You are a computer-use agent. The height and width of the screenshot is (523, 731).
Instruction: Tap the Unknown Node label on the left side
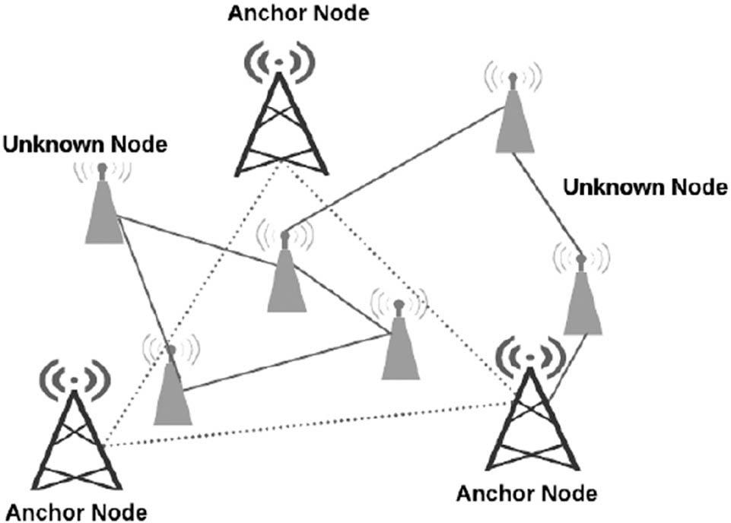[x=84, y=144]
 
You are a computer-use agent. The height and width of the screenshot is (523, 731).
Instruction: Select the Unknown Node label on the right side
[x=645, y=187]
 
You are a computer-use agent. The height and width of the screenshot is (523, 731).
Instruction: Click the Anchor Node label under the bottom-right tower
[x=526, y=493]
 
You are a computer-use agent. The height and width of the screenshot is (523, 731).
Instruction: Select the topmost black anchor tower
[x=280, y=114]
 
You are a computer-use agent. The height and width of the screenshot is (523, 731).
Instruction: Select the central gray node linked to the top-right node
[x=286, y=274]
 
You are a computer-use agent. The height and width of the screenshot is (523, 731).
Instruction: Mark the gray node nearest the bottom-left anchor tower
[x=173, y=388]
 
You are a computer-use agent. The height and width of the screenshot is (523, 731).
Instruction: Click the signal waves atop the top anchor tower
[x=280, y=57]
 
